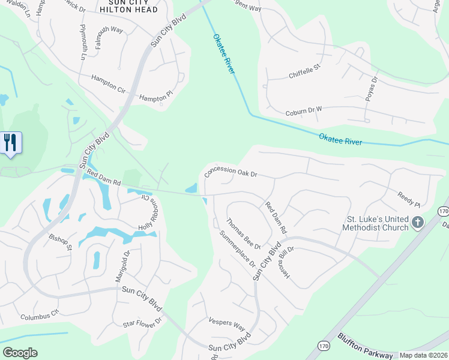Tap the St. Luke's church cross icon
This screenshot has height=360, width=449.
coord(418,223)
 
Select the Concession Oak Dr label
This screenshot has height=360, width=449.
coord(231,172)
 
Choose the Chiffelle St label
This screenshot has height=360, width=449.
coord(305,74)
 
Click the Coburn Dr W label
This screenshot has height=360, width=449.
coord(303,109)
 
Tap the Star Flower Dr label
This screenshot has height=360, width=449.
coord(142,323)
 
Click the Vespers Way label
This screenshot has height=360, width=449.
coord(227,325)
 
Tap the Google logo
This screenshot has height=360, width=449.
coord(20,353)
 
